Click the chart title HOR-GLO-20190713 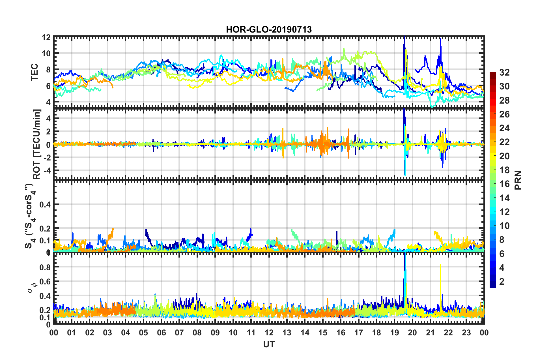coord(269,29)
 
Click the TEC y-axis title coord(34,72)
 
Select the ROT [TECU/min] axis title coord(37,144)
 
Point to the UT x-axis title coord(269,344)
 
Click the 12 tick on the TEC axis coord(46,37)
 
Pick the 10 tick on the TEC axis coord(46,53)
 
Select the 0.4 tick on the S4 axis coord(45,204)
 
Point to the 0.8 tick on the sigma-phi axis coord(45,267)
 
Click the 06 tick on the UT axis coord(161,333)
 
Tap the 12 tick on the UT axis coord(269,333)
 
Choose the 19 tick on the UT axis coord(394,333)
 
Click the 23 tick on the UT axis coord(466,333)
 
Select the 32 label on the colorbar coord(504,72)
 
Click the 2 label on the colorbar coord(502,281)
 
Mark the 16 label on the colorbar coord(504,184)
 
